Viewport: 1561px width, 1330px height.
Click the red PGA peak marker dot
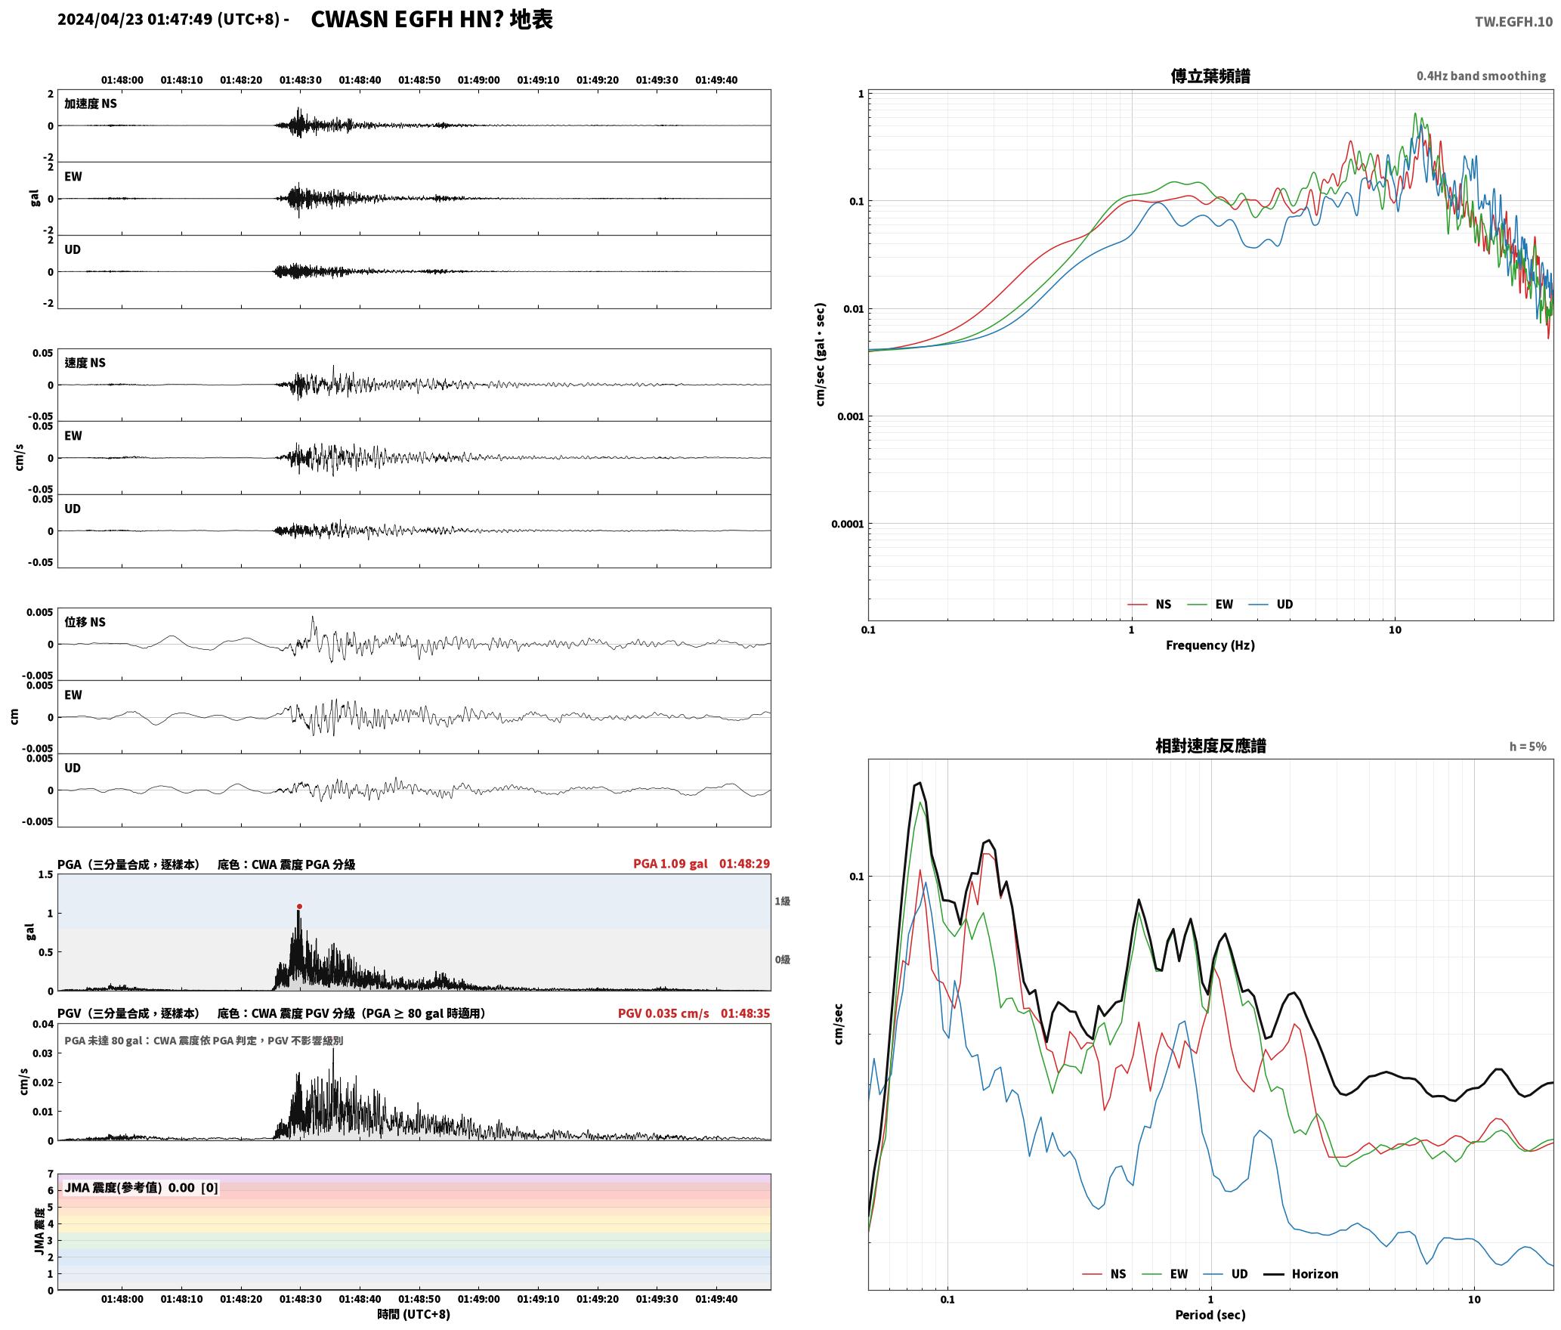299,906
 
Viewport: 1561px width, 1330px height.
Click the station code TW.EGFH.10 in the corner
1513,21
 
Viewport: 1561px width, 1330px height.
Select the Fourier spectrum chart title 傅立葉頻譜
1210,76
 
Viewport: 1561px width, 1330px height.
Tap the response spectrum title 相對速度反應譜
1210,745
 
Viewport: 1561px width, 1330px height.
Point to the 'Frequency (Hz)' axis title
1210,645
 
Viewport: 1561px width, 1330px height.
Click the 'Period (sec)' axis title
1210,1314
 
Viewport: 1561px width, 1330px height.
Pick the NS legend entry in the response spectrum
1104,1273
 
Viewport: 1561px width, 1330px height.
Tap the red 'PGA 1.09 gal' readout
670,863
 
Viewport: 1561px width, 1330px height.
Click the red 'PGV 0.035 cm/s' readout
663,1013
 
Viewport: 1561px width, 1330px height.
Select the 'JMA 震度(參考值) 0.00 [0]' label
141,1187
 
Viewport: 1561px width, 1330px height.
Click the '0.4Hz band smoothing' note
1481,76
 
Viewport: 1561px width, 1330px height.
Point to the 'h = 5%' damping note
1528,746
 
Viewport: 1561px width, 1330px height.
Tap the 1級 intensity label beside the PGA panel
782,901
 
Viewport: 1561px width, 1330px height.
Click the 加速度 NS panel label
91,104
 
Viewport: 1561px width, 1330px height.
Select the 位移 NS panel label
85,622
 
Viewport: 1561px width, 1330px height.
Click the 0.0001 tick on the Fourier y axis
847,524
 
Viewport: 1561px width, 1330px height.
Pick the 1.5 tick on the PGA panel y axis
45,874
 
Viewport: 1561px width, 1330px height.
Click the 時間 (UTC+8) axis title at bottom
414,1314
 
